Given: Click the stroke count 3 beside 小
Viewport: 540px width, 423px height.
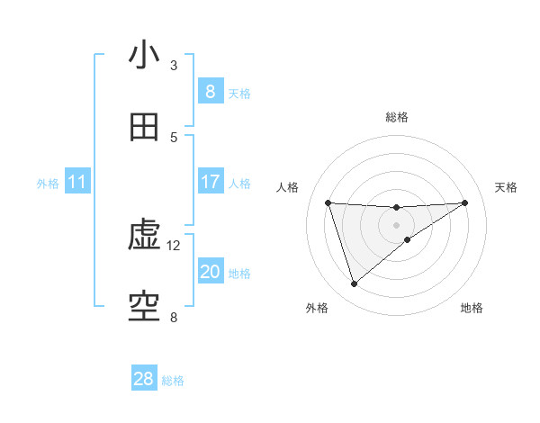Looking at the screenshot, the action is coord(174,66).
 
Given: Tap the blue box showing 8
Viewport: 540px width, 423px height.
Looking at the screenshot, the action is coord(210,92).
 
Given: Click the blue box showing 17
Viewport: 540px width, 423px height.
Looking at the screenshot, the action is coord(210,182).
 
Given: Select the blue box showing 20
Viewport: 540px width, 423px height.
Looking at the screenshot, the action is coord(210,272).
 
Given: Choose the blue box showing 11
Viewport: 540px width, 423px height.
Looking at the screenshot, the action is coord(77,182).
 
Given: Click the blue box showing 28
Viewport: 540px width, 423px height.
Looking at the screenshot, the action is coord(144,379).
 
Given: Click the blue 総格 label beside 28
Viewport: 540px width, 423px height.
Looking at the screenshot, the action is coord(173,381).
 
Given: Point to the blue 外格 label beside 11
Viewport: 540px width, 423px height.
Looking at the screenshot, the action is coord(48,184).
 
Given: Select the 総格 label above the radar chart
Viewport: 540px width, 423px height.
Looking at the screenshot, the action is coord(397,117).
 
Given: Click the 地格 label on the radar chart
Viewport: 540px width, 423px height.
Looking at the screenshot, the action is coord(472,308).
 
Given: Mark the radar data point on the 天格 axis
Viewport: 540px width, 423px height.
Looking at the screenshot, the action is coord(464,202).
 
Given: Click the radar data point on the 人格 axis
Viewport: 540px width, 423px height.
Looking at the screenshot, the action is coord(328,202).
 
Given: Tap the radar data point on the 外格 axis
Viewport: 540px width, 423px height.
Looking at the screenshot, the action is coord(354,284).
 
